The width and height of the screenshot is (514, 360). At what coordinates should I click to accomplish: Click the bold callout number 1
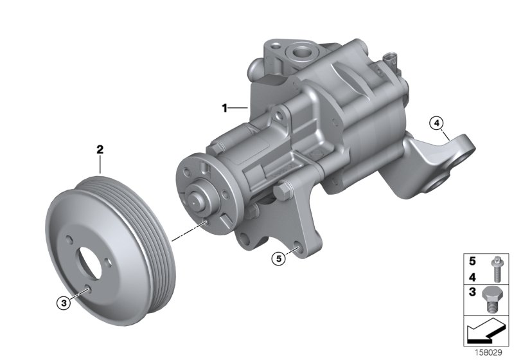click(x=225, y=109)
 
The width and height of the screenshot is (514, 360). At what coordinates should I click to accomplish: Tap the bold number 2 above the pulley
click(x=100, y=150)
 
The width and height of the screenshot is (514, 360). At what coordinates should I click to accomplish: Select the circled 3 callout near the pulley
click(x=62, y=303)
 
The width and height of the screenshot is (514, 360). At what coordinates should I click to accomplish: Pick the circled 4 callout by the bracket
click(x=436, y=122)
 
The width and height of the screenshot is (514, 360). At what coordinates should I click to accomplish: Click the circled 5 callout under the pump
click(x=278, y=258)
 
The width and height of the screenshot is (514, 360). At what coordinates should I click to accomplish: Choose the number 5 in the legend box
click(x=472, y=262)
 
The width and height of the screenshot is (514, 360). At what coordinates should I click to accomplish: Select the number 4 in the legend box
click(x=472, y=277)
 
